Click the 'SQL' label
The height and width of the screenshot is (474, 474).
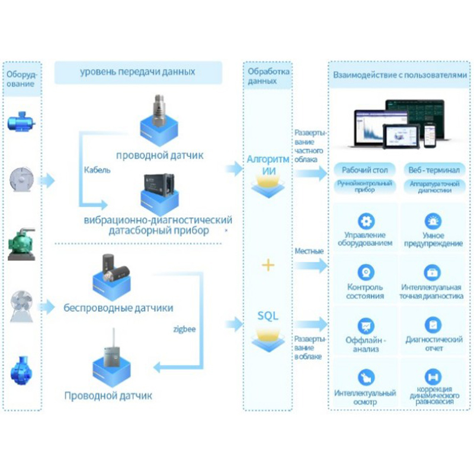click(268, 315)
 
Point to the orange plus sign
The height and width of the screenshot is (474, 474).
click(268, 264)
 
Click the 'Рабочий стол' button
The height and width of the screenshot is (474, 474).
click(364, 169)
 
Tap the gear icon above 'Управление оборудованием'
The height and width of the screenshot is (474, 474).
click(366, 222)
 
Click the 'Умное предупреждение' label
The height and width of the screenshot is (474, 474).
click(433, 239)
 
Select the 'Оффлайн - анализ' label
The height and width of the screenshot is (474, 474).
click(366, 344)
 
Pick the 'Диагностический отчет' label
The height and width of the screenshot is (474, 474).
click(434, 344)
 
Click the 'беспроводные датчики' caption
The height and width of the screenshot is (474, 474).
click(118, 308)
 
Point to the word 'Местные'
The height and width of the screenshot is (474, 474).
click(309, 251)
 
